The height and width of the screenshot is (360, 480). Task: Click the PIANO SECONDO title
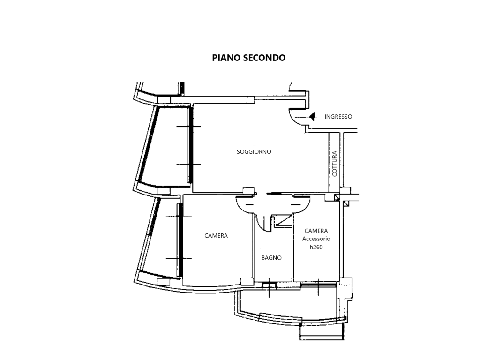point(248,58)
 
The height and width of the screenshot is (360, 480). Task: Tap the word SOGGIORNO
point(254,151)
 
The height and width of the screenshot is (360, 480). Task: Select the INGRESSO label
point(338,117)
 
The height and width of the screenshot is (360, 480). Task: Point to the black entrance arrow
point(312,117)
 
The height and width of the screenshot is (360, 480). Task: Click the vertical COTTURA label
point(334,164)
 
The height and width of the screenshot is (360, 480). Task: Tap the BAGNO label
point(271,258)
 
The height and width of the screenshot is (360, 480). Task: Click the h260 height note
point(316,247)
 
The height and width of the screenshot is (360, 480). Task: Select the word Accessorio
point(316,239)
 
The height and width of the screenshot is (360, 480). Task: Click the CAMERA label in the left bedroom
point(216,235)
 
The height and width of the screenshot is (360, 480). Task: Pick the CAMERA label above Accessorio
point(316,231)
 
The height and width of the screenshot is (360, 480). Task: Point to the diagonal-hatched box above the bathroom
point(283,220)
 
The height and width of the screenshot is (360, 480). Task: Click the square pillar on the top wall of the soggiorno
point(251,100)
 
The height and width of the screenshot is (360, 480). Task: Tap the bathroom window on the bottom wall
point(270,285)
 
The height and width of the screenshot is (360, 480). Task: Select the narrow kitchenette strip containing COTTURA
point(334,162)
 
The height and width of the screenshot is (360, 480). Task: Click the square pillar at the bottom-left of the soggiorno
point(248,190)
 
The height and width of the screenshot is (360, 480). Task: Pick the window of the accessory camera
point(318,285)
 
